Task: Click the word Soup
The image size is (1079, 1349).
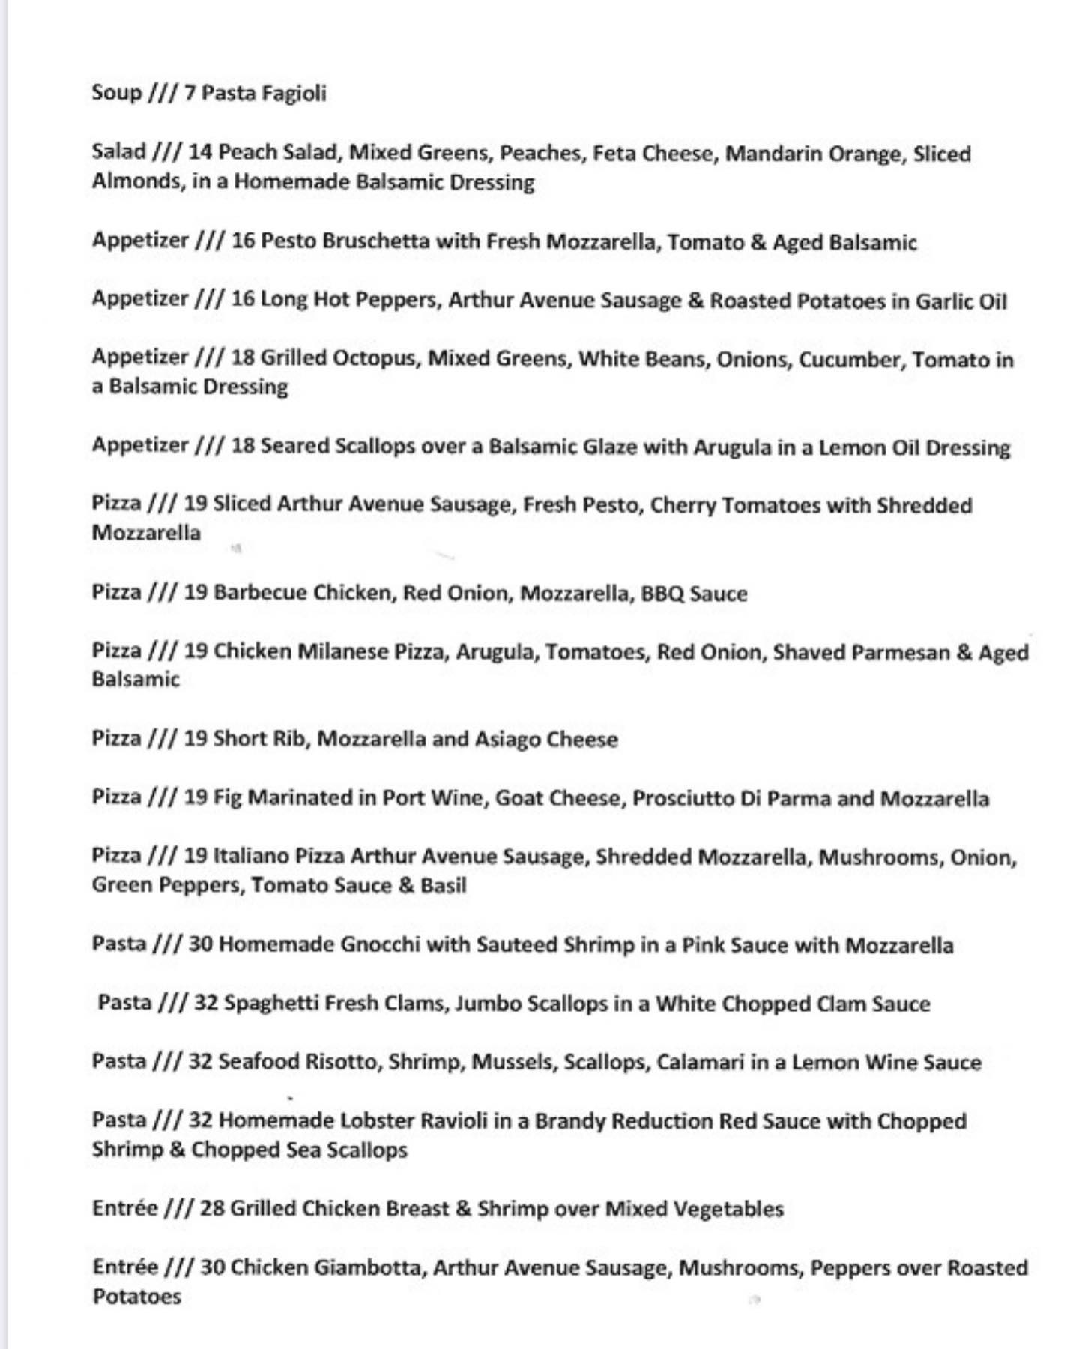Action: point(116,93)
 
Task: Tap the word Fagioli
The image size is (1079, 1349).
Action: point(294,94)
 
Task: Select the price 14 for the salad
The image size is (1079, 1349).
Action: point(200,152)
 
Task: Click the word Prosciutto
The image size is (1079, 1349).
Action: point(682,798)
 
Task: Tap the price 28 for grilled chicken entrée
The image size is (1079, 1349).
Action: point(212,1208)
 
